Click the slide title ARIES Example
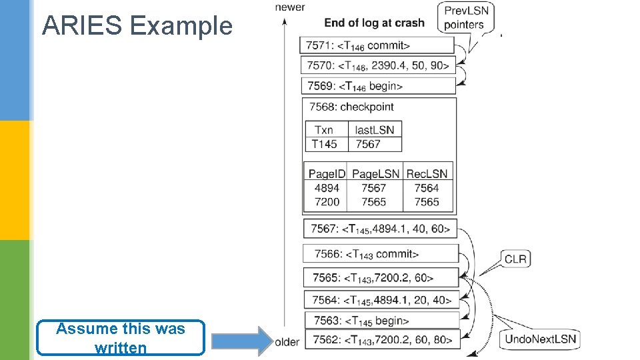click(x=137, y=25)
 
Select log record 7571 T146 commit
click(x=377, y=45)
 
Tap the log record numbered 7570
click(x=378, y=65)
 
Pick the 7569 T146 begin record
click(x=378, y=86)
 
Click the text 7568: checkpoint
click(x=351, y=107)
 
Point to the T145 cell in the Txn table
click(x=325, y=144)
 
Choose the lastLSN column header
click(x=375, y=130)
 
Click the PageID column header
click(x=327, y=174)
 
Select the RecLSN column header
click(x=427, y=174)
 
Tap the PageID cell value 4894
click(x=327, y=188)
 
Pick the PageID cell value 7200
click(x=327, y=202)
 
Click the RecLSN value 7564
click(x=427, y=188)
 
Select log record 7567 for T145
click(x=380, y=229)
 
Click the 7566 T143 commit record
click(x=381, y=254)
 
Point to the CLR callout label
click(x=515, y=259)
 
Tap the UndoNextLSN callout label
click(x=540, y=339)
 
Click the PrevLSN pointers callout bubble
click(x=466, y=17)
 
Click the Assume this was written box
click(x=121, y=338)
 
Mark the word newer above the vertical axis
click(x=290, y=7)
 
